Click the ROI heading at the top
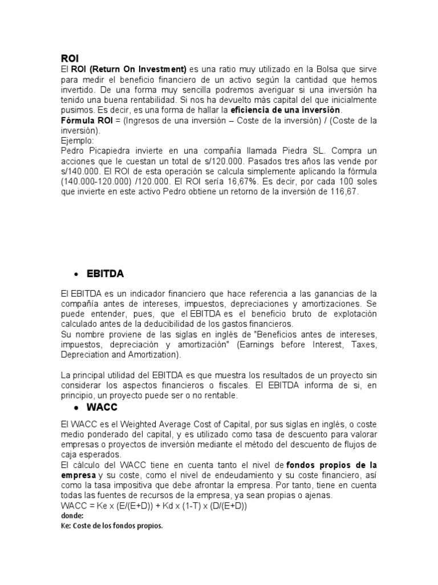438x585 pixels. pyautogui.click(x=69, y=58)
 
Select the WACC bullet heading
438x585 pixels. pyautogui.click(x=103, y=408)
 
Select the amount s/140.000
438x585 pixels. pyautogui.click(x=81, y=171)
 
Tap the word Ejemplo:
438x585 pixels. pyautogui.click(x=78, y=140)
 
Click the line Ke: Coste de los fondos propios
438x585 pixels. pyautogui.click(x=111, y=526)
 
